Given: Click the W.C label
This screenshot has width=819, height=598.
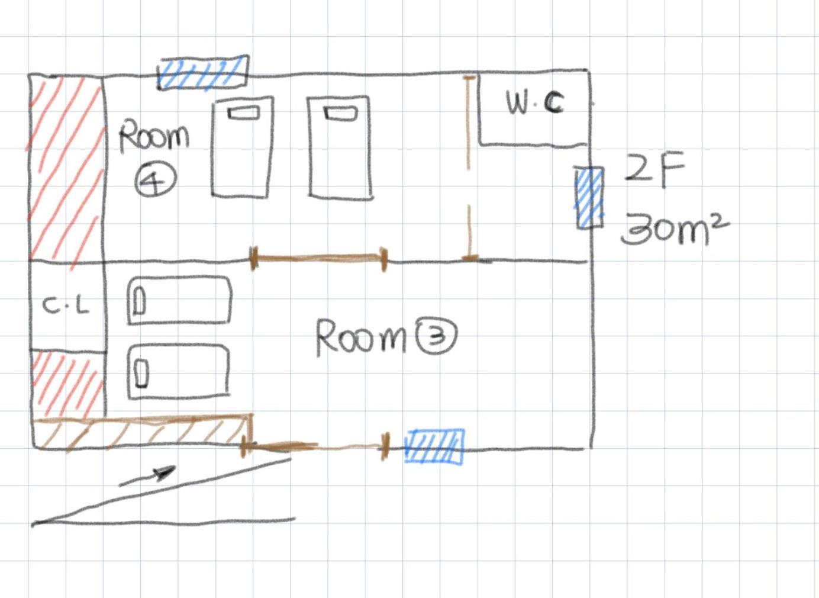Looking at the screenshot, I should tap(534, 103).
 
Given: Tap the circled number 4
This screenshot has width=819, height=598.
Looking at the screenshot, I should tap(154, 180).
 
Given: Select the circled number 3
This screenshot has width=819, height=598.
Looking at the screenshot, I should tap(436, 336).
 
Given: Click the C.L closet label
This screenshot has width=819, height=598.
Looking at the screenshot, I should tap(66, 306).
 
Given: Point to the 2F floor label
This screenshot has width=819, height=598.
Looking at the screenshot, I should tap(654, 170).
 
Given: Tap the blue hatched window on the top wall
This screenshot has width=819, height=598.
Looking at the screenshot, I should tap(203, 73).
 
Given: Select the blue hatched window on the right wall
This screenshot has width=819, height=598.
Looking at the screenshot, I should tap(590, 197).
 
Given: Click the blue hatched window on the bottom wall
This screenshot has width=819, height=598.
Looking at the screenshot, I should tap(434, 446).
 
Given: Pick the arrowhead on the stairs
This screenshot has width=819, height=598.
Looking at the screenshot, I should tap(165, 472).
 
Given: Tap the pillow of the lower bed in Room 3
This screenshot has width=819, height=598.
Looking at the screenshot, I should tap(141, 372).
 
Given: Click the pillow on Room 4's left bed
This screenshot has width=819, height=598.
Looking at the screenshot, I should tap(244, 112).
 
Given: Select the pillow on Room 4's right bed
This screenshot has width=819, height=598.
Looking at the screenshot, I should tap(340, 113).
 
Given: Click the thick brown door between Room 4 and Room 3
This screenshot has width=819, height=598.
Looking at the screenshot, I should tap(320, 258).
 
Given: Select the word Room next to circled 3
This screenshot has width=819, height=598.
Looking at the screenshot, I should tap(362, 337).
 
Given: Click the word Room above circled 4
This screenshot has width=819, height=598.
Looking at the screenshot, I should tap(154, 136).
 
